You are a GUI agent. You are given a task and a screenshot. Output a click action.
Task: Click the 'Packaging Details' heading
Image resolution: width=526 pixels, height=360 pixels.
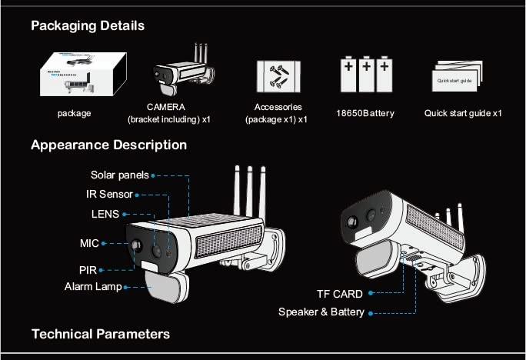pos(87,25)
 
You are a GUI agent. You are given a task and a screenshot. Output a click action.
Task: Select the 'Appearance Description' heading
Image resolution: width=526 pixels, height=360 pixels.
pos(108,145)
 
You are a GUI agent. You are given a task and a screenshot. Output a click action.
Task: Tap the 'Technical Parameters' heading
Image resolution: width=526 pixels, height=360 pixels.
pos(100,333)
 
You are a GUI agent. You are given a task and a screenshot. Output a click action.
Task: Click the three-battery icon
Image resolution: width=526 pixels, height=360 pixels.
pos(365,74)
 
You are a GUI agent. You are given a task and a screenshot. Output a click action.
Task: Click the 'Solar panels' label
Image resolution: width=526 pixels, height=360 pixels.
pos(119,175)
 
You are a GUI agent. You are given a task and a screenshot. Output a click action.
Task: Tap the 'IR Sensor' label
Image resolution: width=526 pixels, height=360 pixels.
pos(109,194)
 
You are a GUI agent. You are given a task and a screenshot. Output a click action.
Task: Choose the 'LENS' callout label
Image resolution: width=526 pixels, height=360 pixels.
pos(105,214)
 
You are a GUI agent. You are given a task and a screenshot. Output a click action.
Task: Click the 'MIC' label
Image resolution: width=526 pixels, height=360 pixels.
pos(90,243)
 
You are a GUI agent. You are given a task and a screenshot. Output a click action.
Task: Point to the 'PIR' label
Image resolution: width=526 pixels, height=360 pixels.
pos(88,270)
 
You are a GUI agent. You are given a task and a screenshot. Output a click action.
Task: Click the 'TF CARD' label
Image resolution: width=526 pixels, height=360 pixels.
pos(339,294)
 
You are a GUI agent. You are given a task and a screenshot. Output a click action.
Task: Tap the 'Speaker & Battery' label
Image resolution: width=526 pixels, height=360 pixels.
pos(321,312)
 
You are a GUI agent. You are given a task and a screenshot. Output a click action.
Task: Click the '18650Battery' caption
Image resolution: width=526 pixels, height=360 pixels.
pos(365,113)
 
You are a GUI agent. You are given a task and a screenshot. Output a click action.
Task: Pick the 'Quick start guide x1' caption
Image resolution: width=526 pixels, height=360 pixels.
pos(463,113)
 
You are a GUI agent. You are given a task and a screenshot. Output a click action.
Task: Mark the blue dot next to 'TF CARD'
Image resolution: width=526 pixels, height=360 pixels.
pos(371,294)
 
